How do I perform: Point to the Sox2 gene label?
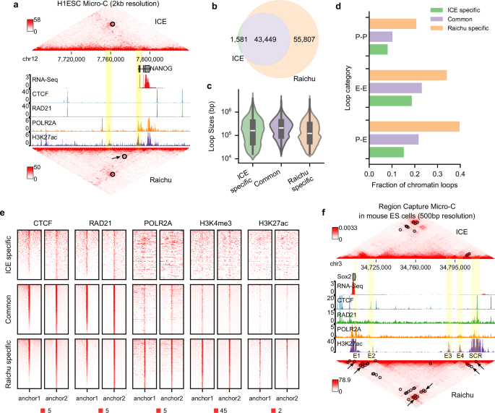coord(344,276)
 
